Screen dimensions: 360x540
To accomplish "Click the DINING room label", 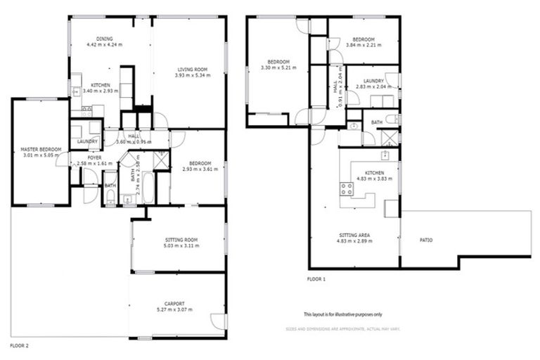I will (x=104, y=39).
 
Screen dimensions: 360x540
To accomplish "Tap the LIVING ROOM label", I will (x=192, y=69).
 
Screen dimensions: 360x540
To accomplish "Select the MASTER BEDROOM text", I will (x=41, y=149).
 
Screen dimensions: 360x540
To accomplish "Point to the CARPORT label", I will (x=174, y=304).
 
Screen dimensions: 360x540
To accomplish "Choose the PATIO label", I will (x=426, y=240).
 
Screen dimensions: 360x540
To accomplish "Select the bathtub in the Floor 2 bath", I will (x=148, y=188).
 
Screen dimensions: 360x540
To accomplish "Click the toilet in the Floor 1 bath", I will (x=354, y=126).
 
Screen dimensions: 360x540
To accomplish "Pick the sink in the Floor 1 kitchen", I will (x=385, y=155).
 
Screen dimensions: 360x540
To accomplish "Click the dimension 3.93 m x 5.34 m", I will (x=192, y=75).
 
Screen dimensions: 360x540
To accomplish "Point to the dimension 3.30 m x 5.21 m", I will (x=279, y=68).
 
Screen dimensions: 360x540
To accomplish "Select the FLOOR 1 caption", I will (x=316, y=279).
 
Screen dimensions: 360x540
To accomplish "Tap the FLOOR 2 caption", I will (x=19, y=346).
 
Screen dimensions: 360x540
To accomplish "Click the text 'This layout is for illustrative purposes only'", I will (x=343, y=314).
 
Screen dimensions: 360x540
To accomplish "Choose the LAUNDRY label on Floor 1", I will (x=370, y=81).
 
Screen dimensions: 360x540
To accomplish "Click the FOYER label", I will (x=94, y=157).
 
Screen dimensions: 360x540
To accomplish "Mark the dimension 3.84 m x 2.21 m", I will (x=364, y=45).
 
